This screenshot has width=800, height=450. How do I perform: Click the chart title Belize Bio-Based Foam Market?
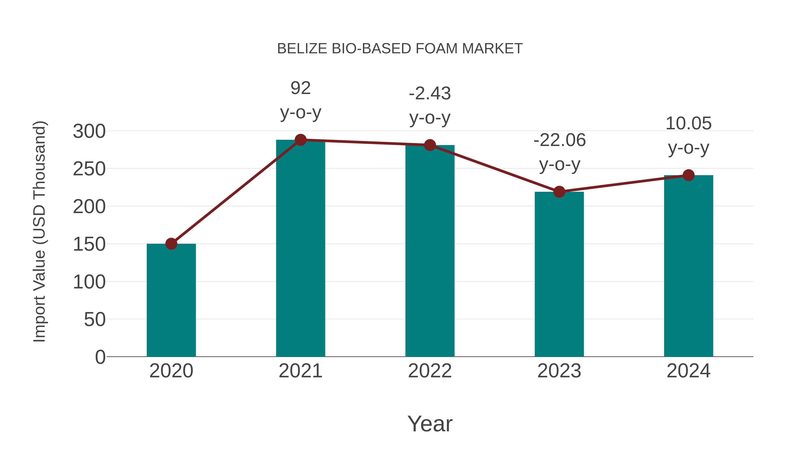[x=400, y=49]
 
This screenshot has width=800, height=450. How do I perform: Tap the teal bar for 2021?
[x=300, y=248]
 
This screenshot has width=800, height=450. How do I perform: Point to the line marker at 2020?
[x=171, y=244]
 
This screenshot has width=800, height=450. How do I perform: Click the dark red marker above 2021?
[x=300, y=140]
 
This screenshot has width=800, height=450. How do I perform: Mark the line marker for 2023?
[x=559, y=192]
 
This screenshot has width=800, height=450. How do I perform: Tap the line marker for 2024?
[x=688, y=175]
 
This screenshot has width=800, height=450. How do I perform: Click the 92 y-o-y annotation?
[x=300, y=100]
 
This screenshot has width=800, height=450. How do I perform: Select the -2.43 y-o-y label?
[x=430, y=105]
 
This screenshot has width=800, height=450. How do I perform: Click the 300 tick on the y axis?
[x=89, y=131]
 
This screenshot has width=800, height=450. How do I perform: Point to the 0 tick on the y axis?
[x=100, y=357]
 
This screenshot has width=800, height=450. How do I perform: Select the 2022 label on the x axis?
[x=430, y=371]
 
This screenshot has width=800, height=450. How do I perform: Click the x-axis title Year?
[x=430, y=424]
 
